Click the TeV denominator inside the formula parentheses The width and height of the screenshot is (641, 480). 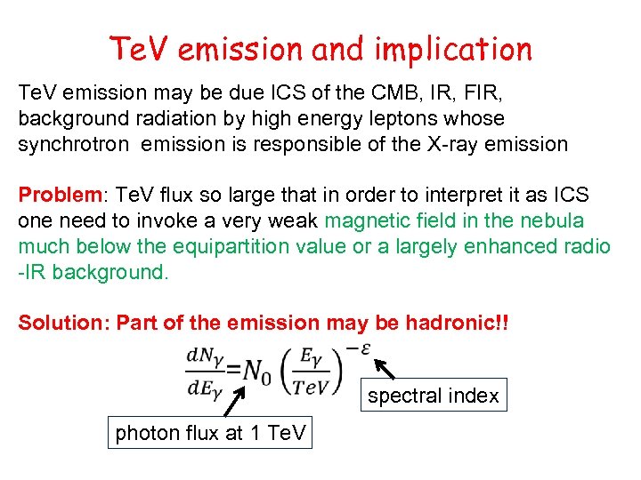click(312, 385)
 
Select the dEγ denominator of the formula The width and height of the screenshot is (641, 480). click(204, 388)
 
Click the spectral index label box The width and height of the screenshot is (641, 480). click(434, 396)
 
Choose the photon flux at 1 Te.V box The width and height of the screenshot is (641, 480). click(210, 434)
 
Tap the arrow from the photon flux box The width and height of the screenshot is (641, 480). click(232, 401)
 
